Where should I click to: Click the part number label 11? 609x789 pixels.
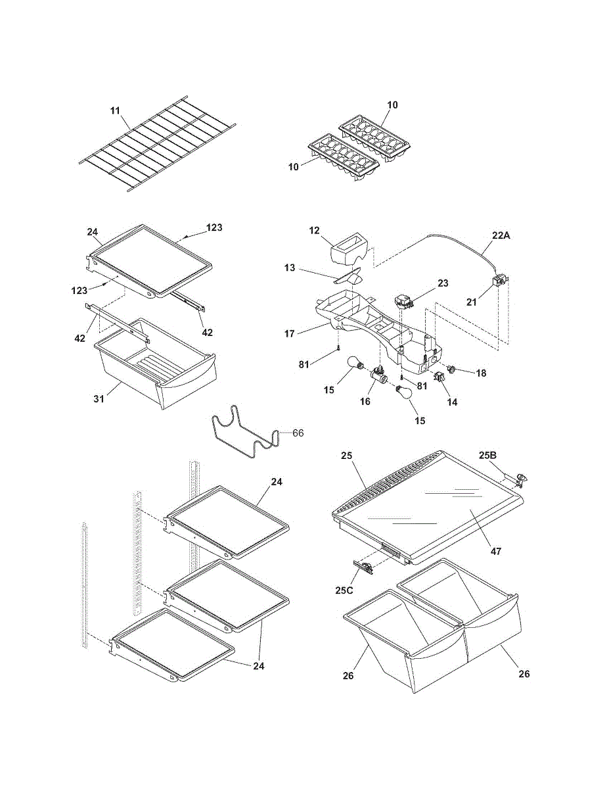(115, 110)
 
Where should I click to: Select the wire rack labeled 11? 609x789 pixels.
(158, 143)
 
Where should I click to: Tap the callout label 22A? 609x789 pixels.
(501, 235)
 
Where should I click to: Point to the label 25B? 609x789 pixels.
(487, 455)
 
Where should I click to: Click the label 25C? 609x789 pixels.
(344, 590)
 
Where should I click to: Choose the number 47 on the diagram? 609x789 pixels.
(495, 551)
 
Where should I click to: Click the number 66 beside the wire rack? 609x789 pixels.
(298, 433)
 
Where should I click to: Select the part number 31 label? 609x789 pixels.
(99, 398)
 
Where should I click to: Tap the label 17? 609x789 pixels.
(290, 333)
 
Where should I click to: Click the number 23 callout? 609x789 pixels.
(443, 283)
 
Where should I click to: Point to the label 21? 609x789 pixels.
(471, 302)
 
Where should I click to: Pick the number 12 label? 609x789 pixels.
(315, 230)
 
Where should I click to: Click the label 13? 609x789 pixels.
(290, 268)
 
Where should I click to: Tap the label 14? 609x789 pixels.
(452, 402)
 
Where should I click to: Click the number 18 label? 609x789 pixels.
(481, 373)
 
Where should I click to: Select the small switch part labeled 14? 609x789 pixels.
(439, 377)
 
